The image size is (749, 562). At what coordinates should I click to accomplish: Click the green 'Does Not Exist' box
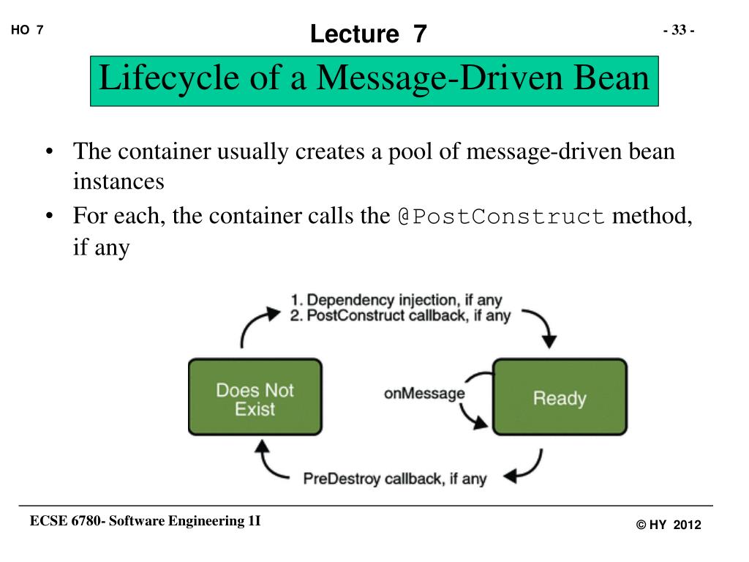pyautogui.click(x=255, y=397)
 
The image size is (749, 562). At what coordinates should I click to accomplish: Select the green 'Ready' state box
pyautogui.click(x=560, y=397)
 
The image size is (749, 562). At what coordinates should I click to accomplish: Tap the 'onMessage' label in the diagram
pyautogui.click(x=424, y=394)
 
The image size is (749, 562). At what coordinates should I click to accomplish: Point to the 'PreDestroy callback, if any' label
pyautogui.click(x=395, y=479)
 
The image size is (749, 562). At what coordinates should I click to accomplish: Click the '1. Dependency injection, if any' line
pyautogui.click(x=396, y=300)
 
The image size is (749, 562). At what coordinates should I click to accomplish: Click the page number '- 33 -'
pyautogui.click(x=678, y=30)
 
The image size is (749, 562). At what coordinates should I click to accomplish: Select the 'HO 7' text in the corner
pyautogui.click(x=28, y=30)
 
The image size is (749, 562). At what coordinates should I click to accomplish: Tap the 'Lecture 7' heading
pyautogui.click(x=368, y=34)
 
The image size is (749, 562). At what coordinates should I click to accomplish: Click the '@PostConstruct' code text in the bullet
pyautogui.click(x=501, y=217)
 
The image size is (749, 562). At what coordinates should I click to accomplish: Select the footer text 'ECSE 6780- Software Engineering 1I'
pyautogui.click(x=145, y=521)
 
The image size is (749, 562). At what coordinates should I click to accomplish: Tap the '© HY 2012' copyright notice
pyautogui.click(x=668, y=525)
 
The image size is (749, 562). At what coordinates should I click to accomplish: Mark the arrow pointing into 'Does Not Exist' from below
pyautogui.click(x=267, y=461)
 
